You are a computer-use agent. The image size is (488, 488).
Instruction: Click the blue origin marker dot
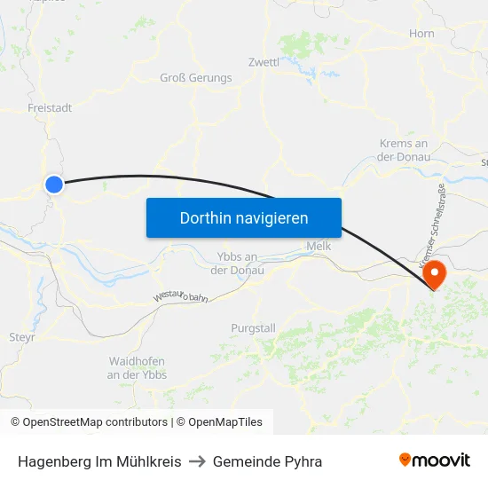coord(54,185)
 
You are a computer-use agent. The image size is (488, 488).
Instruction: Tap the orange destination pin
coord(434,272)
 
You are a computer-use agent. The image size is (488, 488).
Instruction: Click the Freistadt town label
coord(50,107)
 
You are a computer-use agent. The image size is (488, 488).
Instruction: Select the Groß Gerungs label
coord(195,77)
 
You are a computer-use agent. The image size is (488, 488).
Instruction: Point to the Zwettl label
coord(264,62)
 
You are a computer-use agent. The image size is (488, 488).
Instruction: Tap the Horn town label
coord(421,34)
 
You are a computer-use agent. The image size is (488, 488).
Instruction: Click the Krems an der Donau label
coord(404,150)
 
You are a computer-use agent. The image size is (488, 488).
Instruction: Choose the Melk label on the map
coord(318,246)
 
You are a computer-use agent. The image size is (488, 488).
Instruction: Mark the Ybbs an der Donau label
coord(237,263)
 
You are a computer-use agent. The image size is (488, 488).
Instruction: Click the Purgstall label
coord(253,327)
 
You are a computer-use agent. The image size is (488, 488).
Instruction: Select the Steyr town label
coord(22,337)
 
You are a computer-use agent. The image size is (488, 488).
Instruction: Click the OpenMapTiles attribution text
coord(223,422)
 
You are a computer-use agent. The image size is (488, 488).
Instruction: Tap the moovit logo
coord(435,460)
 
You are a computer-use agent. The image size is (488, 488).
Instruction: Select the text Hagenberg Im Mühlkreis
coord(99,461)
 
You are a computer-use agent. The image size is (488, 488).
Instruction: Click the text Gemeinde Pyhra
coord(267,461)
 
